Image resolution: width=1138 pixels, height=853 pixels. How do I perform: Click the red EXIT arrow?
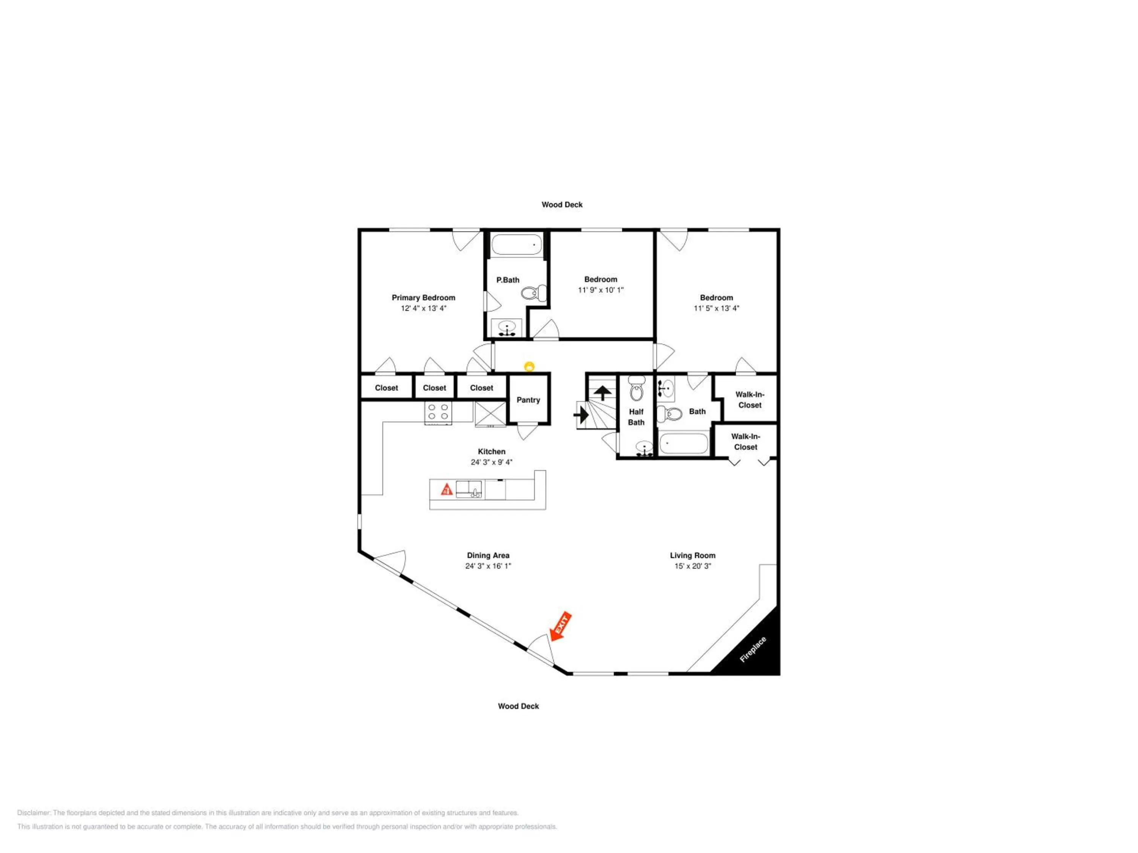coord(560,626)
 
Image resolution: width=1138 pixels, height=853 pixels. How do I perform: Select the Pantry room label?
coord(528,400)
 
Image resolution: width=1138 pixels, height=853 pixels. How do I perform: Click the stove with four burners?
coord(439,412)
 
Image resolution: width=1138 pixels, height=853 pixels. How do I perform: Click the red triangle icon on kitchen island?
coord(446,489)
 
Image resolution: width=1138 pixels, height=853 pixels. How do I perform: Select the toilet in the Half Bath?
coord(637,389)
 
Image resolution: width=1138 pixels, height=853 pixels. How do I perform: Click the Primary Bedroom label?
coord(423,298)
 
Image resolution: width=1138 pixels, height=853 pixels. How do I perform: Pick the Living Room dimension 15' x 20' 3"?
coord(692,566)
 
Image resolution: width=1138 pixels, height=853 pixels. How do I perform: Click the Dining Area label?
coord(488,555)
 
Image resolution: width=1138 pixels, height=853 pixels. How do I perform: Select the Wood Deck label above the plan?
coord(562,205)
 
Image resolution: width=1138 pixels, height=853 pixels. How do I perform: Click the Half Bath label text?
coord(637,417)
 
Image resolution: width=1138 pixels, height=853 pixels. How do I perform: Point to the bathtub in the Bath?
coord(684,443)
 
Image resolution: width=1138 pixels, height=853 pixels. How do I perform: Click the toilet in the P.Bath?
coord(533,293)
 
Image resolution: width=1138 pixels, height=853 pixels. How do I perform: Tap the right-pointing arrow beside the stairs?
coord(582,414)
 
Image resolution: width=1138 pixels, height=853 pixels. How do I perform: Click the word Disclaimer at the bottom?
coord(34,813)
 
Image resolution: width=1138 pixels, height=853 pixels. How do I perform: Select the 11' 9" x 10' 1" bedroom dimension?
coord(600,290)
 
